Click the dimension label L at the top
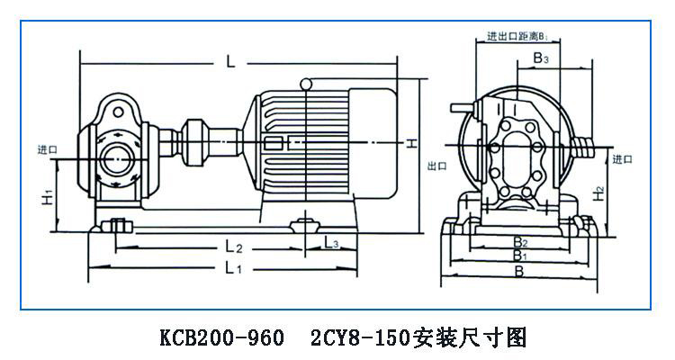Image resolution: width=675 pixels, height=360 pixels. (x=230, y=62)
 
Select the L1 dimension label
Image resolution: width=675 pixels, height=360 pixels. (x=232, y=268)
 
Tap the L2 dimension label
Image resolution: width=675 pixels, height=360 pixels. (x=234, y=246)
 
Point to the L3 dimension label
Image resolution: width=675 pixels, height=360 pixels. (x=330, y=244)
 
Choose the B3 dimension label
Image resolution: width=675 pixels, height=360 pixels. (x=541, y=58)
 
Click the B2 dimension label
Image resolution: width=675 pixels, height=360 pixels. (x=519, y=241)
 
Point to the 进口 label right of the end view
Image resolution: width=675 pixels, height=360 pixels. (x=622, y=159)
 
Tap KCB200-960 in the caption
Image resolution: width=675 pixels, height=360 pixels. (x=212, y=338)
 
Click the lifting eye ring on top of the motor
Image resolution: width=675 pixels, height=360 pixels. (x=310, y=85)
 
